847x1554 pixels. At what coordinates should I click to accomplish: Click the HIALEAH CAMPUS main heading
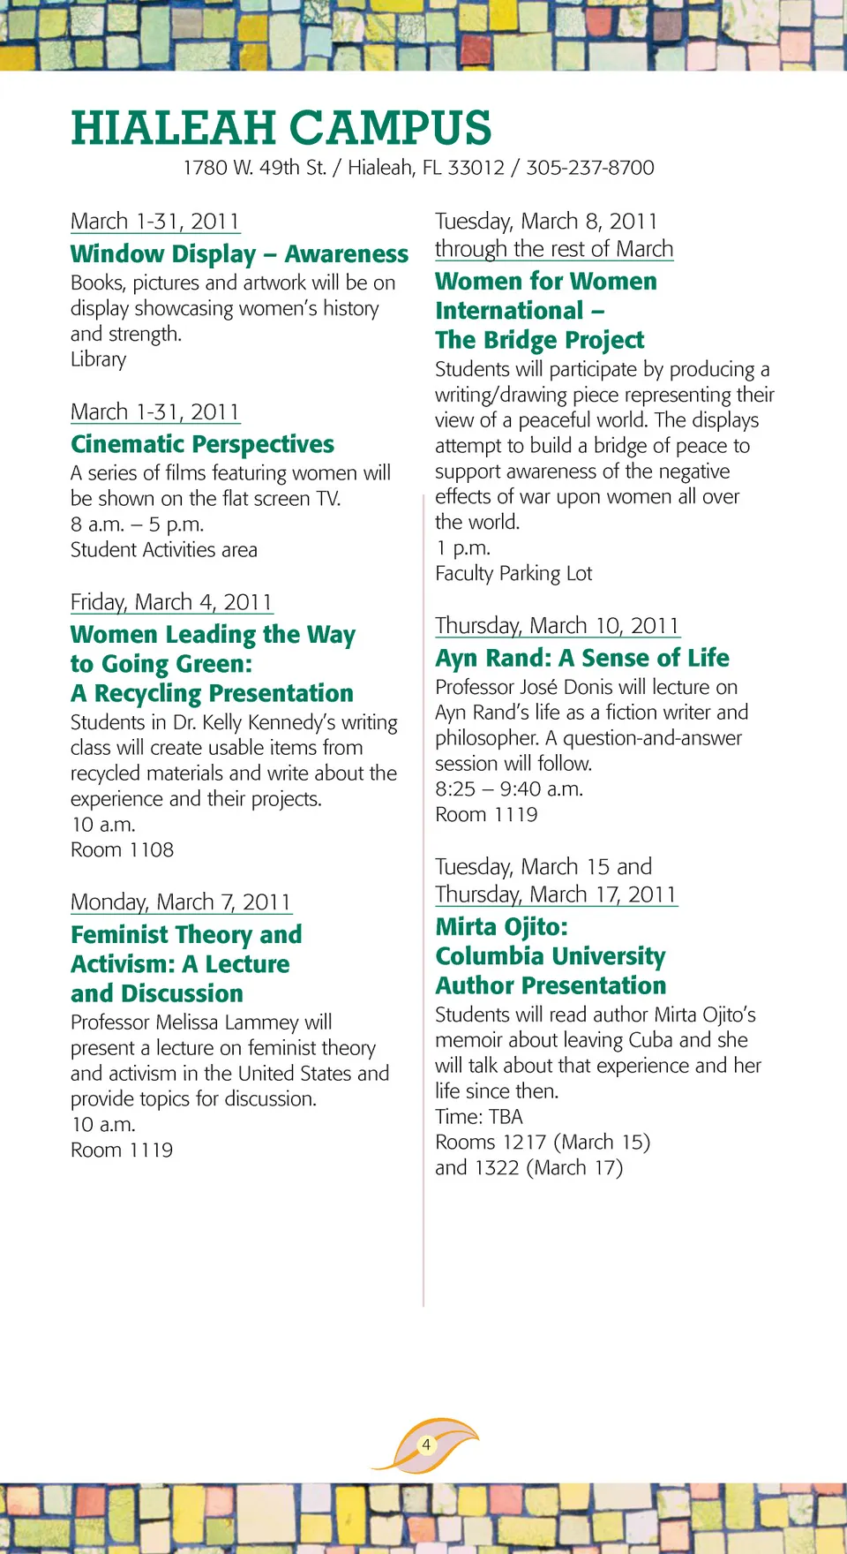(281, 128)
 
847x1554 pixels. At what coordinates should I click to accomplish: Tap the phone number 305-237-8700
(590, 168)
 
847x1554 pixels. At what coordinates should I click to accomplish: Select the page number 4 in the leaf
(426, 1445)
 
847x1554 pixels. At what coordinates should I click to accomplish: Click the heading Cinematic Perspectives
(202, 444)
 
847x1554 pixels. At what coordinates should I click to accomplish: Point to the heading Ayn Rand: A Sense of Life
(581, 658)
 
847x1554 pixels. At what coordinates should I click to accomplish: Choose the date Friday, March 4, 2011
(171, 602)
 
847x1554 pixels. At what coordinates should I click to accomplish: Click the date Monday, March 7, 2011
(181, 902)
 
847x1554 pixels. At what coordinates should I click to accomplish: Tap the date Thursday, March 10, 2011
(557, 626)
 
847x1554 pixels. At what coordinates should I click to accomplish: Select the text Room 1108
(122, 850)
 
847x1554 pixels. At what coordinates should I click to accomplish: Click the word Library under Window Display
(98, 359)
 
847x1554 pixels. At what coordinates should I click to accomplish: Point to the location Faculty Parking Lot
(513, 574)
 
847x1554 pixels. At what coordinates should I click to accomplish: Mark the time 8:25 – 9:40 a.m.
(508, 789)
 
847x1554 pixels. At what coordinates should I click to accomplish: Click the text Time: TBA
(479, 1117)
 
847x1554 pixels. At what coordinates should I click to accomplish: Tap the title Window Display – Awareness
(239, 254)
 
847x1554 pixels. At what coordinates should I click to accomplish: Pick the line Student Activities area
(164, 550)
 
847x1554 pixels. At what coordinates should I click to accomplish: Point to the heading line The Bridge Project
(539, 340)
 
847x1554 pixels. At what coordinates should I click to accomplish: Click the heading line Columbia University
(551, 956)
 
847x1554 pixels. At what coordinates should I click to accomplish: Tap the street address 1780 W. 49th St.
(254, 168)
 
